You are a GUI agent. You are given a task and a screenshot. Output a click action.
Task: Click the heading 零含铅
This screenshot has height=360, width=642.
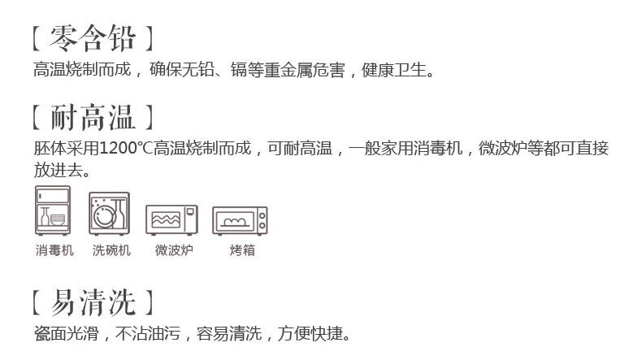(92, 37)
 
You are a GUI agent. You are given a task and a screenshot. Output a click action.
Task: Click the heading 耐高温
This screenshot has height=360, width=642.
(92, 117)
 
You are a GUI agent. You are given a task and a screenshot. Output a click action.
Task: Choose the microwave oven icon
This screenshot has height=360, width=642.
(172, 219)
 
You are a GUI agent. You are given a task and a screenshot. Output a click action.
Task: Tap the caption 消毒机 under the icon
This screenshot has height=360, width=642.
(54, 250)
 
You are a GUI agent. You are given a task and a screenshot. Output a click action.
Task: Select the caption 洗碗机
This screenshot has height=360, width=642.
(111, 250)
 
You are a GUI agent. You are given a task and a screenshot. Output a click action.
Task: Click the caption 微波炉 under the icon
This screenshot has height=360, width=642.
(173, 250)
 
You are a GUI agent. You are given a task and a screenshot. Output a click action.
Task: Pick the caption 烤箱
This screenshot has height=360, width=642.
(241, 250)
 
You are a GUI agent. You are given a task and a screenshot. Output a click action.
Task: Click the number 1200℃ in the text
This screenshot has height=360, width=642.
(126, 149)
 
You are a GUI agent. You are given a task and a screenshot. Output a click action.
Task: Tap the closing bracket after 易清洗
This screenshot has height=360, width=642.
(149, 302)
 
